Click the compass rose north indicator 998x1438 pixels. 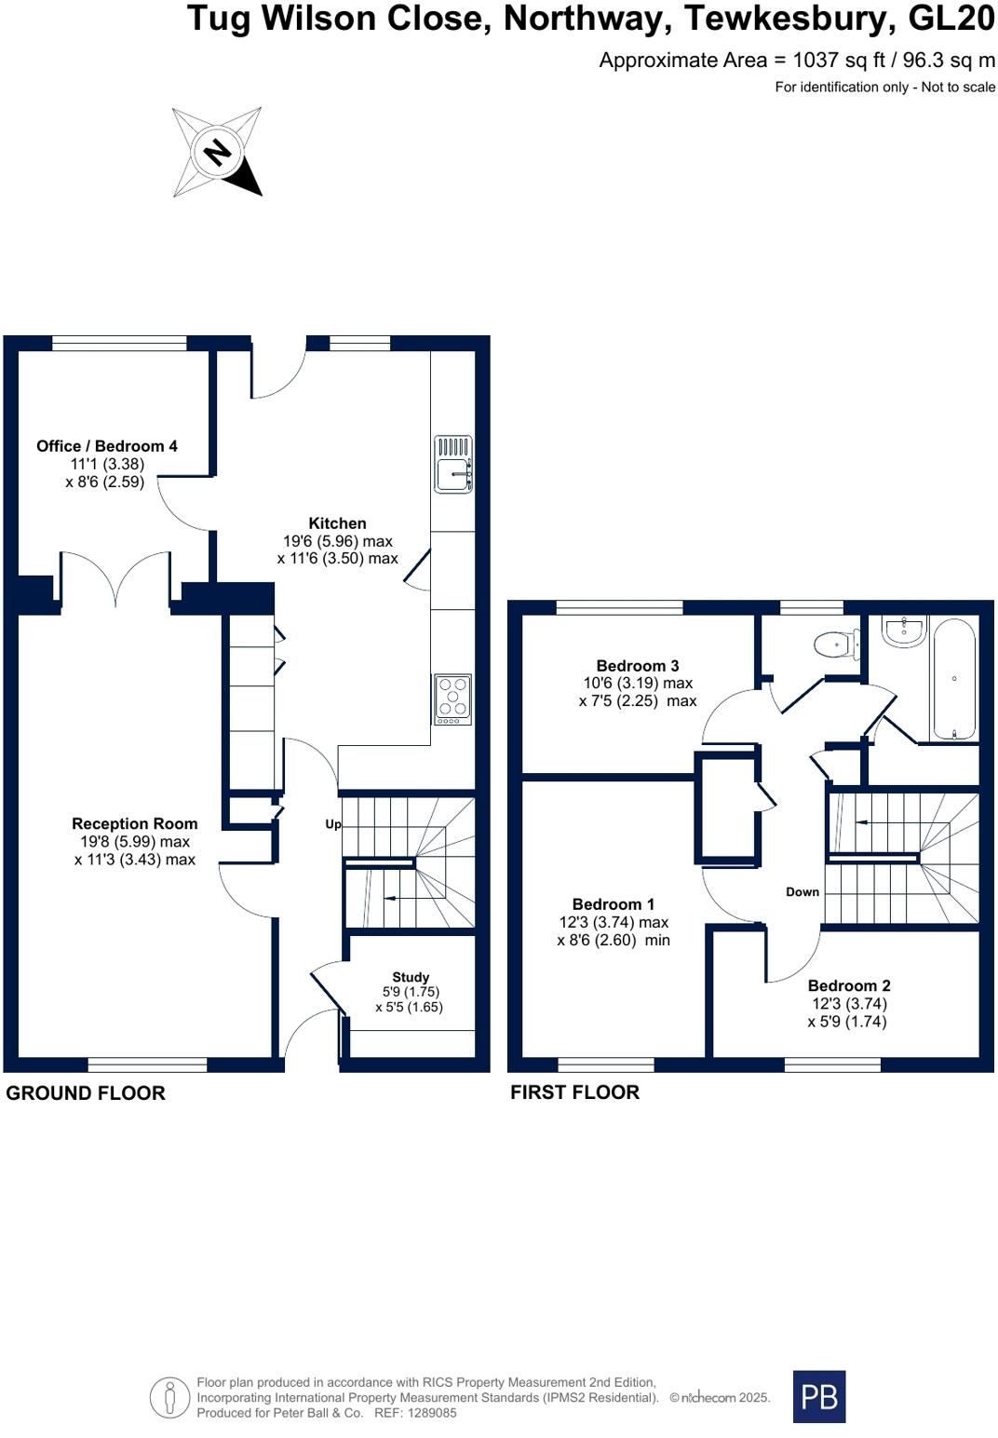click(218, 152)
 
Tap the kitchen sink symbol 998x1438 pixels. click(453, 465)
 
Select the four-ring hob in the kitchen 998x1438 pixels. click(453, 699)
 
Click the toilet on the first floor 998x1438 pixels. click(836, 644)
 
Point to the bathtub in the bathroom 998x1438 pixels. click(954, 679)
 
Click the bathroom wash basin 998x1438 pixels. click(903, 631)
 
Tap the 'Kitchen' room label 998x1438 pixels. click(337, 523)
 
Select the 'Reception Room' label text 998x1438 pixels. click(135, 823)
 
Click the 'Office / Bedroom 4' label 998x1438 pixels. click(107, 446)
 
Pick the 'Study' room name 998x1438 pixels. click(411, 977)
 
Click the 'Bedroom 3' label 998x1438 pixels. click(638, 666)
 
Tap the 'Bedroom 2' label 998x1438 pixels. click(849, 985)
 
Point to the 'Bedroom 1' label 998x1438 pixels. click(614, 904)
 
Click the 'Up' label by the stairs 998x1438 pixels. click(333, 824)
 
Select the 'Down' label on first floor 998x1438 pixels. click(802, 892)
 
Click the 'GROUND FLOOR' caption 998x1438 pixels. click(86, 1093)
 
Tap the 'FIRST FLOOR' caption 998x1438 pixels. click(574, 1092)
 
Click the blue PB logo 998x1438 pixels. click(819, 1396)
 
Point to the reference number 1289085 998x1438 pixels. click(428, 1413)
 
